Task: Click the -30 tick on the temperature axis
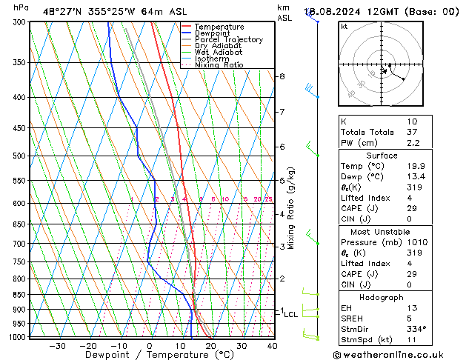click(x=57, y=346)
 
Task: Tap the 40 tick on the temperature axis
click(x=272, y=346)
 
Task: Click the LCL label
click(x=290, y=315)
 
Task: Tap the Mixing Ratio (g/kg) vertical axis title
click(x=292, y=208)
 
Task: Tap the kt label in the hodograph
click(x=344, y=26)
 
